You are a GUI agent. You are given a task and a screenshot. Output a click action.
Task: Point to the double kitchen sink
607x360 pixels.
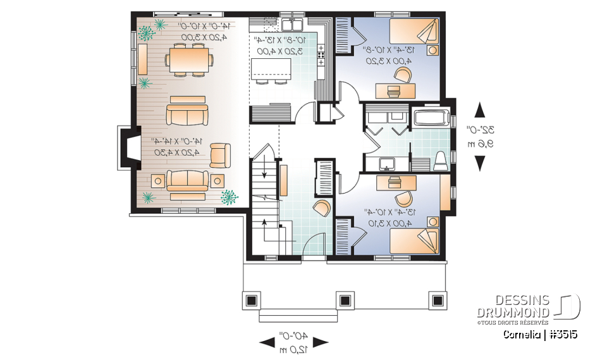coord(292,25)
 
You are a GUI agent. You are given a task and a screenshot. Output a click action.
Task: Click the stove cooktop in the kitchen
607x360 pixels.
coord(321,56)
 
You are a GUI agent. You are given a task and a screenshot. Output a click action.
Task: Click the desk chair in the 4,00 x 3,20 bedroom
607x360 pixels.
coord(402,75)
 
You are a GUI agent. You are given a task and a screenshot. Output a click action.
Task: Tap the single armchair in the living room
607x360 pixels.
coord(220,154)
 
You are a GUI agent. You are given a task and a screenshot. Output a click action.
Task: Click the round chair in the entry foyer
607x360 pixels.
coord(322,208)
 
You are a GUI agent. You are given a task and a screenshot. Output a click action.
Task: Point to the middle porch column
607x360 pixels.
coord(345,300)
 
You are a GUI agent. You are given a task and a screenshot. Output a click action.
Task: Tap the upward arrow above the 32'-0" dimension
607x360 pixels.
coord(481,109)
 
